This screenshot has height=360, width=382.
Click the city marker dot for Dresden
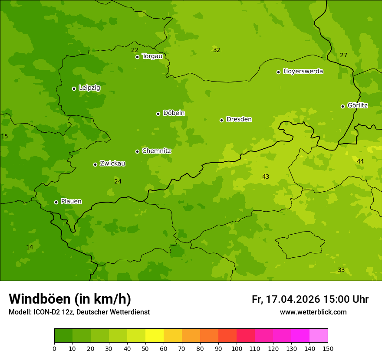point(221,120)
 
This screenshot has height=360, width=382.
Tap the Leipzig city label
point(89,88)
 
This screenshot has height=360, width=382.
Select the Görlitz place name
point(358,105)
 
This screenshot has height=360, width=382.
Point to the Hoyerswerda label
point(303,71)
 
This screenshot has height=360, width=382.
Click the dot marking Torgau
point(137,57)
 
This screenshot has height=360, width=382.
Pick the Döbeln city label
point(174,113)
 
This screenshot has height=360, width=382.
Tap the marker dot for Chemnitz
point(137,151)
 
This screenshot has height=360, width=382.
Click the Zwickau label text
point(112,164)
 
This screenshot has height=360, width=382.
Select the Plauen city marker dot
point(56,202)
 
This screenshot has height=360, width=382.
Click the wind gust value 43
point(266,177)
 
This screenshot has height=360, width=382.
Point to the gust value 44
point(360,161)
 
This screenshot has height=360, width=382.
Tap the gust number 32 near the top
point(217,50)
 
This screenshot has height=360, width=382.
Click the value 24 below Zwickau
point(118,181)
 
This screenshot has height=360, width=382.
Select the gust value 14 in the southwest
point(30,247)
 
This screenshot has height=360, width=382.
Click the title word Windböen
point(40,299)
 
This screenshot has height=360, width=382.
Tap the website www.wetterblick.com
point(313,312)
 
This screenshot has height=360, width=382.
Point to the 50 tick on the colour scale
point(145,348)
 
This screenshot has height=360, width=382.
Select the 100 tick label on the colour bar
point(237,348)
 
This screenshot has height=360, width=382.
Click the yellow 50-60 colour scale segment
point(155,336)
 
